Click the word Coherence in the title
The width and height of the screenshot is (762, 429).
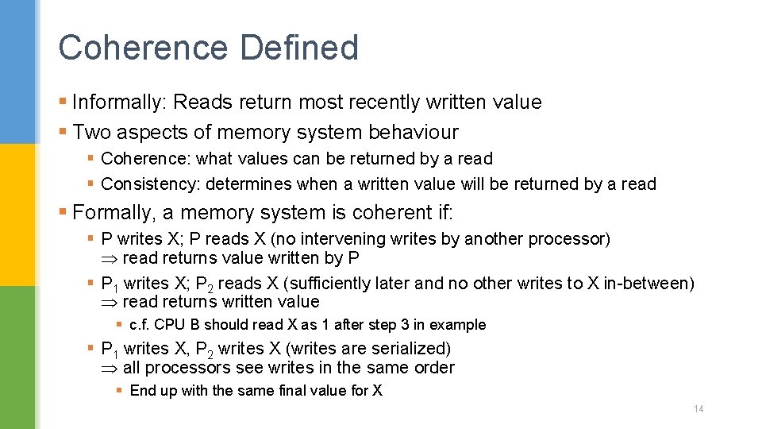pos(142,48)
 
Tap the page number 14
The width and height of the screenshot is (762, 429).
pos(698,409)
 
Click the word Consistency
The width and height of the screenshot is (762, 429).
pos(151,184)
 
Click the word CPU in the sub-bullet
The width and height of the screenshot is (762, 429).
pos(168,325)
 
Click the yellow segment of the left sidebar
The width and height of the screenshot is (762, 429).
pos(17,214)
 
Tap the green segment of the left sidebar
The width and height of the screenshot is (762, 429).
pos(17,357)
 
